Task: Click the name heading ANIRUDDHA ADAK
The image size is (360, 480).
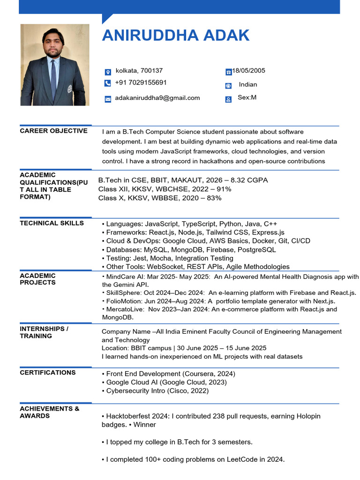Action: [x=176, y=36]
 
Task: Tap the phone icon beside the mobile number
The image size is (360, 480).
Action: [x=107, y=83]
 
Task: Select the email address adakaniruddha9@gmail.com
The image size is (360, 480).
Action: [x=157, y=98]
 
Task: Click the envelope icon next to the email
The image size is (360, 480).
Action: [x=107, y=99]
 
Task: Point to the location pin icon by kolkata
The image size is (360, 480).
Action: [x=107, y=72]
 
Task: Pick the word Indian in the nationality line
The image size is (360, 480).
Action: [x=248, y=85]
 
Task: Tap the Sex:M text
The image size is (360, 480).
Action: [x=247, y=97]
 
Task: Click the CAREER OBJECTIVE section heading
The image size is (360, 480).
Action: [x=53, y=131]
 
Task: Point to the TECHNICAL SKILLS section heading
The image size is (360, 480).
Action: [x=52, y=223]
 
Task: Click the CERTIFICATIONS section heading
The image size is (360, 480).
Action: [x=47, y=373]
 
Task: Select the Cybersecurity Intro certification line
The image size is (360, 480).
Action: [x=157, y=390]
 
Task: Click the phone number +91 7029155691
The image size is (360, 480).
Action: [x=141, y=83]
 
